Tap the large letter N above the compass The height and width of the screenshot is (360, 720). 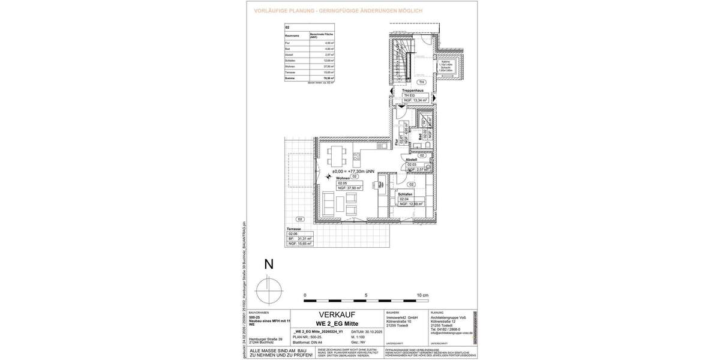pyautogui.click(x=269, y=263)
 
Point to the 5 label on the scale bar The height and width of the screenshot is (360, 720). pyautogui.click(x=366, y=296)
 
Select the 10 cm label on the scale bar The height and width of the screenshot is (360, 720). pyautogui.click(x=423, y=296)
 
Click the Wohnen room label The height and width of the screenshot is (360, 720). pyautogui.click(x=343, y=178)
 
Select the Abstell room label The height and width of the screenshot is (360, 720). pyautogui.click(x=415, y=160)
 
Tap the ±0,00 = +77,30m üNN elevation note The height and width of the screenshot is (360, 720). pyautogui.click(x=353, y=171)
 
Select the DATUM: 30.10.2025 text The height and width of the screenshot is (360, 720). pyautogui.click(x=365, y=331)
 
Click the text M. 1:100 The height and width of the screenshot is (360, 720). pyautogui.click(x=359, y=337)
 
